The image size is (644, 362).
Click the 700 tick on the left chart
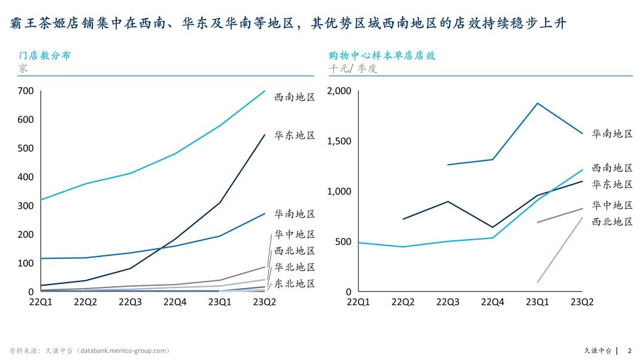(26, 91)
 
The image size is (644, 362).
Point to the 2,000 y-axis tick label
(340, 91)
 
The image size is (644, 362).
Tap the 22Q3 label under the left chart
(130, 302)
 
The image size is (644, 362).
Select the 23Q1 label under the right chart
(537, 302)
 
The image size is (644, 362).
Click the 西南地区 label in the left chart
(295, 97)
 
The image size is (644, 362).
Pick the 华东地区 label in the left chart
(295, 135)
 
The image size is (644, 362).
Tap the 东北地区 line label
(295, 283)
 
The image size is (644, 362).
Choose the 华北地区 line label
(295, 267)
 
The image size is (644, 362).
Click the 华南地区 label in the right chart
(612, 134)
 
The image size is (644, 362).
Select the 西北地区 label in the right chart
(612, 222)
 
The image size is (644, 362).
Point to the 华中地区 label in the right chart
(612, 205)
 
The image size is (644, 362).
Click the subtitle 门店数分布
(45, 55)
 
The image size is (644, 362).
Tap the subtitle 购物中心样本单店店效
(382, 55)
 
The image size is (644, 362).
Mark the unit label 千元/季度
(353, 69)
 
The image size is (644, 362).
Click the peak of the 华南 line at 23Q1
(537, 103)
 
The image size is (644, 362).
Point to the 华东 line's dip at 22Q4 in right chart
(493, 227)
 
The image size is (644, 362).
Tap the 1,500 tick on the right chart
(340, 141)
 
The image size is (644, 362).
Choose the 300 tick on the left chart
(26, 206)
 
